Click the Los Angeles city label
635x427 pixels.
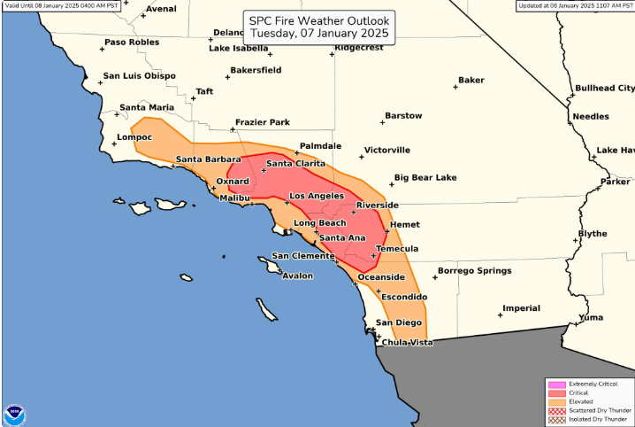pyautogui.click(x=316, y=195)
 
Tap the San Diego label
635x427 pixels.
pyautogui.click(x=399, y=322)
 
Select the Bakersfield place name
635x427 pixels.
pyautogui.click(x=256, y=69)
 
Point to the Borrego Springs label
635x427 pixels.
pyautogui.click(x=475, y=270)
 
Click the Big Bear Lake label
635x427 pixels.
pyautogui.click(x=425, y=177)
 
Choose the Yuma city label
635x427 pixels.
pyautogui.click(x=591, y=317)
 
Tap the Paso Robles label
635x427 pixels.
pyautogui.click(x=132, y=43)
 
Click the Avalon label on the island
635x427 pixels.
pyautogui.click(x=297, y=276)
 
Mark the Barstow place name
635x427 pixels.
pyautogui.click(x=403, y=116)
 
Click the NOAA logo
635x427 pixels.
pyautogui.click(x=14, y=414)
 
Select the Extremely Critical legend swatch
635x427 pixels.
pyautogui.click(x=556, y=384)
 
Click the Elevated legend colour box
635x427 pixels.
pyautogui.click(x=556, y=401)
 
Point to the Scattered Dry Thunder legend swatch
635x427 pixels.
pyautogui.click(x=556, y=410)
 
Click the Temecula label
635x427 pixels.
pyautogui.click(x=397, y=249)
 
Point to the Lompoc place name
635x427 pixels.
pyautogui.click(x=134, y=137)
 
